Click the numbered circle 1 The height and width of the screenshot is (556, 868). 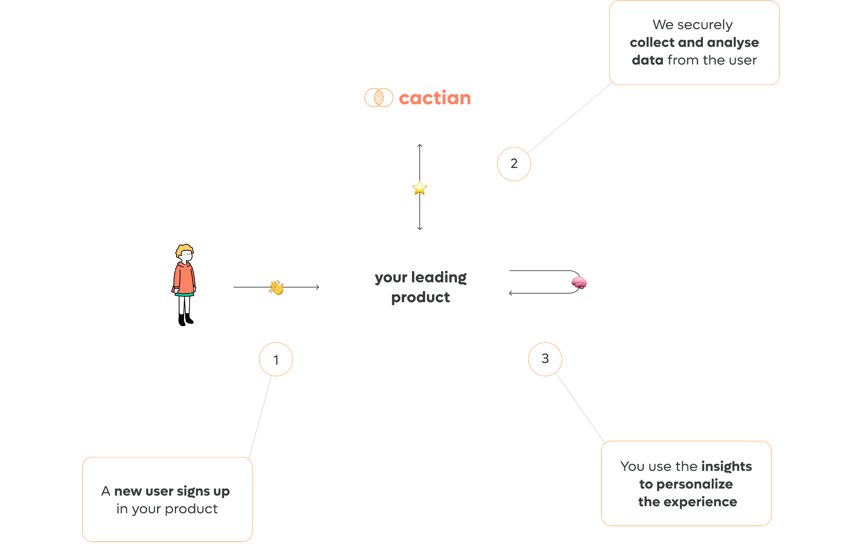pyautogui.click(x=276, y=360)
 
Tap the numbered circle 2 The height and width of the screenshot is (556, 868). pyautogui.click(x=514, y=164)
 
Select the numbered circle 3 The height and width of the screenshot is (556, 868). pyautogui.click(x=545, y=359)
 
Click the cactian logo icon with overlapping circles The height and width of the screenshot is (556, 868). pyautogui.click(x=378, y=98)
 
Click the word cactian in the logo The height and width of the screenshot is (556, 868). pyautogui.click(x=435, y=98)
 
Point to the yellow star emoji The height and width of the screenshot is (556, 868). pyautogui.click(x=419, y=188)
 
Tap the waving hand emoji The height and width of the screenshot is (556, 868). pyautogui.click(x=277, y=287)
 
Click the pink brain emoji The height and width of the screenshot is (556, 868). pyautogui.click(x=579, y=282)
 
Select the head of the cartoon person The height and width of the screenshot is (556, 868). pyautogui.click(x=185, y=254)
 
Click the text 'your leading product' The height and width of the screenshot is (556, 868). pyautogui.click(x=421, y=287)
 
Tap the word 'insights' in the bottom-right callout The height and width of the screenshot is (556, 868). pyautogui.click(x=727, y=466)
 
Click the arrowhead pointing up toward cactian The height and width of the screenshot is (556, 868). pyautogui.click(x=419, y=145)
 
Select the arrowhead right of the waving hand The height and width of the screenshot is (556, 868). pyautogui.click(x=317, y=287)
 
